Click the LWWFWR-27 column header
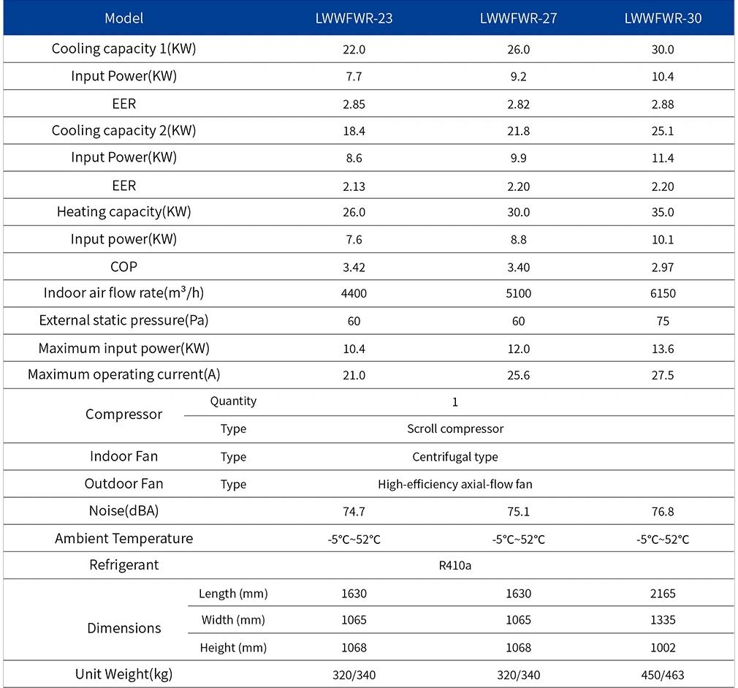coord(518,18)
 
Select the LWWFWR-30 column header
coord(663,18)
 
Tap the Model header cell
coord(123,18)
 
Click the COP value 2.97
coord(663,267)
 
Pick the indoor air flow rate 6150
coord(663,293)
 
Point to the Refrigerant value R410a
coord(454,565)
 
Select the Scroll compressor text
coord(455,429)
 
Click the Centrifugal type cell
coord(455,457)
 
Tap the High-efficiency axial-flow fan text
coord(455,484)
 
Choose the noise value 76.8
coord(663,511)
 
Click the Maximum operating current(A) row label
coord(123,374)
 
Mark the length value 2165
coord(663,594)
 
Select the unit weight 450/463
coord(663,676)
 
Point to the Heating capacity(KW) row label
coord(123,212)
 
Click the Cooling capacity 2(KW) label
coord(123,130)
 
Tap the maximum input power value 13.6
coord(663,349)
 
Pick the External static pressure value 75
coord(663,321)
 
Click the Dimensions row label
coord(124,628)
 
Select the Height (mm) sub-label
coord(233,648)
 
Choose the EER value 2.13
coord(354,186)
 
